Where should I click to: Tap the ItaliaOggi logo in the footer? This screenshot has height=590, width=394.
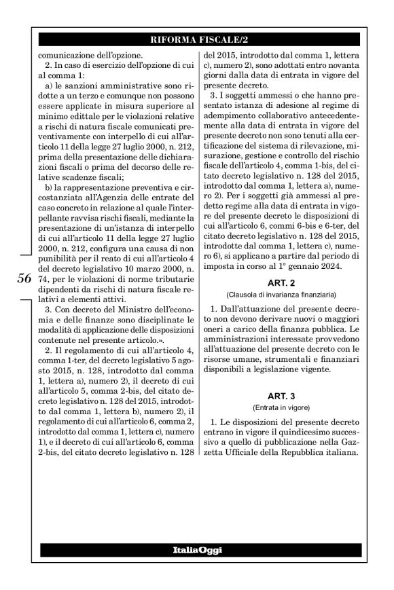point(196,549)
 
